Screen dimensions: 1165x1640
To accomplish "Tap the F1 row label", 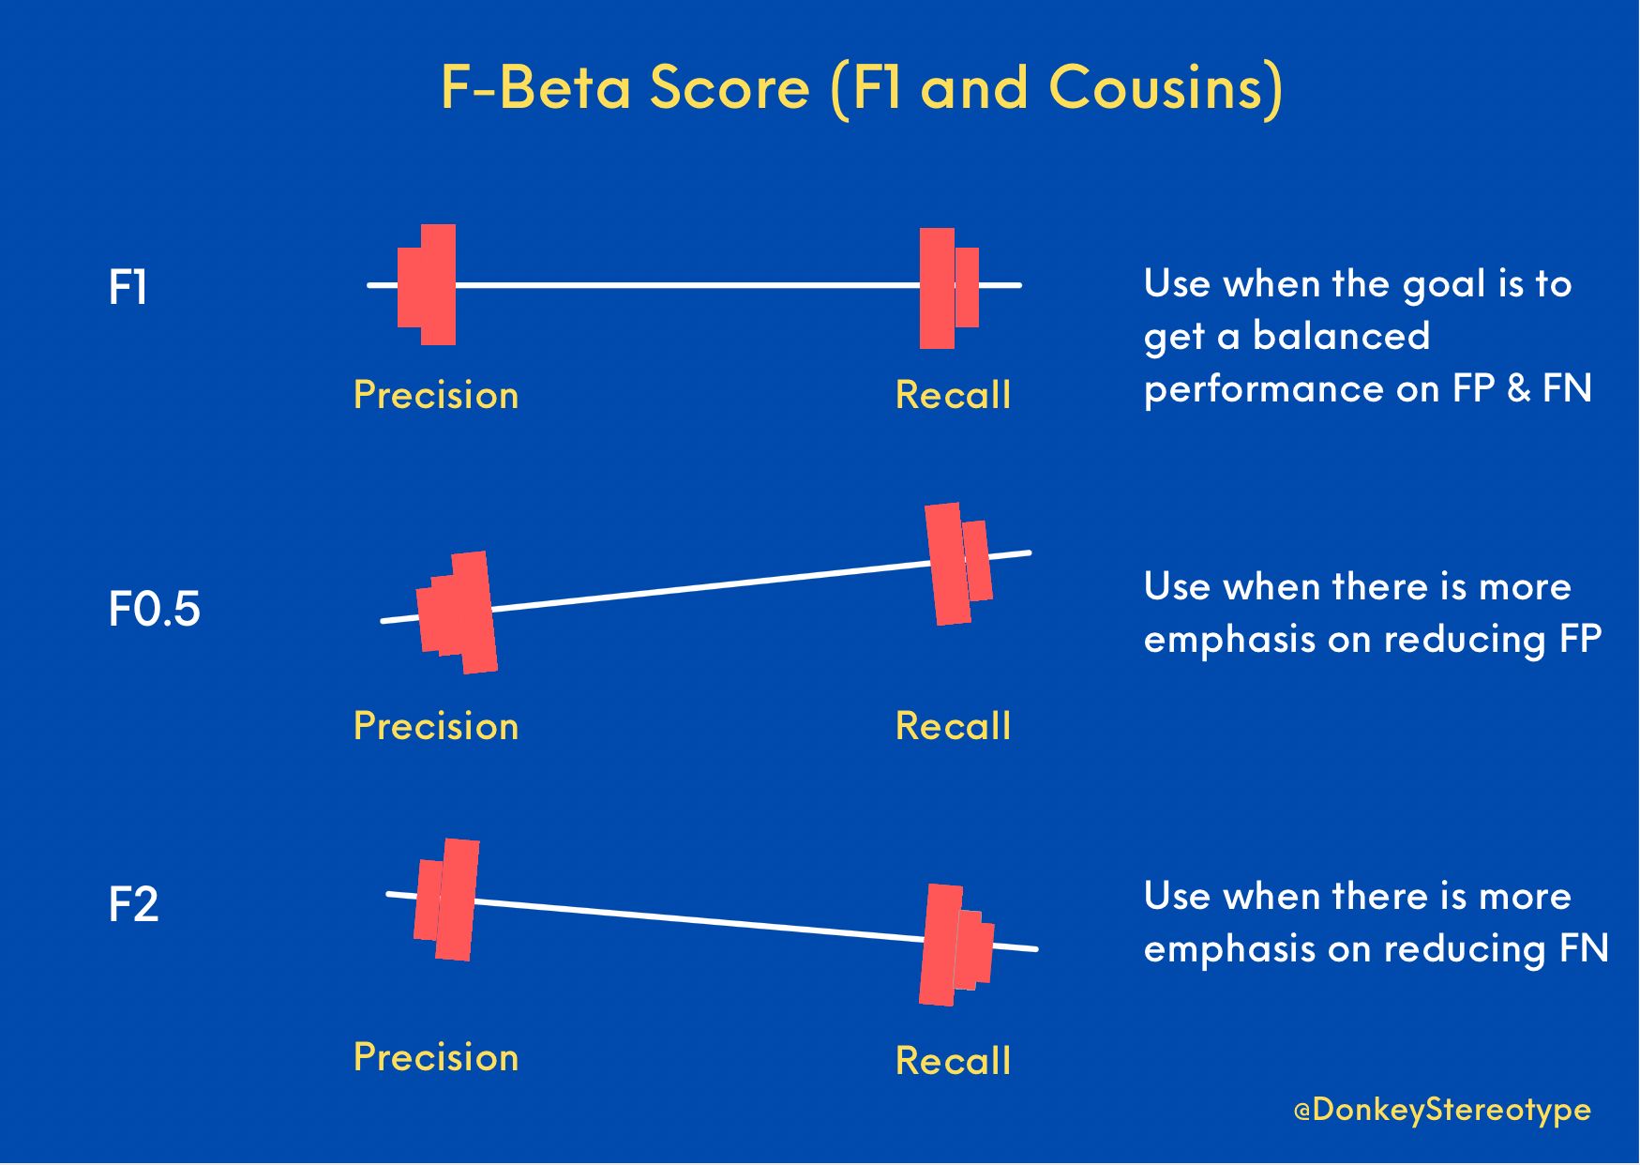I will (128, 288).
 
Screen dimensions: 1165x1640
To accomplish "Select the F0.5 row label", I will (155, 610).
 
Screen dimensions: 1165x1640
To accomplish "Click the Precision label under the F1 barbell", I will (436, 396).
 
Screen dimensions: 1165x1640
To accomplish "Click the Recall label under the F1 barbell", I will (954, 396).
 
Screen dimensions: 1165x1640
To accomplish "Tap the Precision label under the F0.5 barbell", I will (436, 727).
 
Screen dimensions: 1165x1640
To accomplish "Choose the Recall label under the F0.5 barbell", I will (954, 727).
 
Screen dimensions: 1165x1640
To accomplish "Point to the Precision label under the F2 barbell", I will (436, 1058).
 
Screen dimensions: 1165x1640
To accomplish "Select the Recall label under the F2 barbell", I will (954, 1062).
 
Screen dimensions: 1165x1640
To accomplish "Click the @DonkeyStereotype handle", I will (1442, 1111).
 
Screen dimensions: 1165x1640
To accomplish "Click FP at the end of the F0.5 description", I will (1581, 640).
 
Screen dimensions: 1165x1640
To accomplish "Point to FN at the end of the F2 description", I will (1584, 949).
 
